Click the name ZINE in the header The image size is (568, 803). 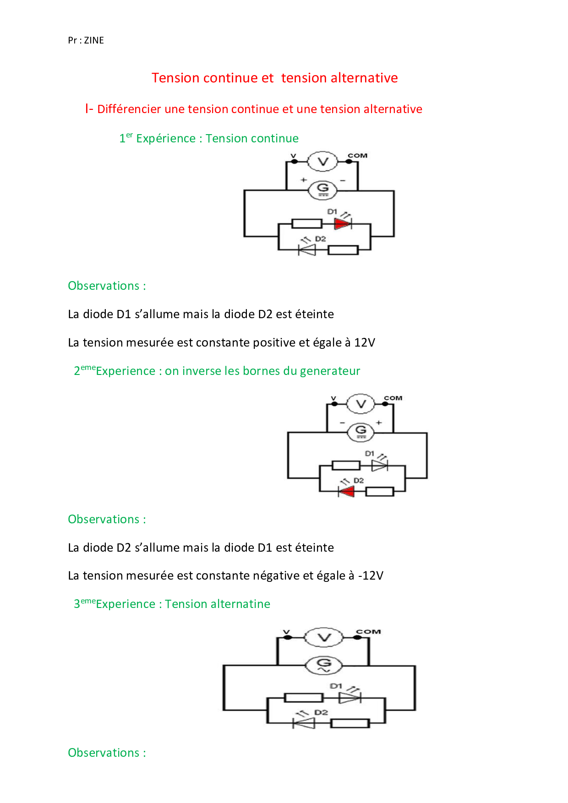click(94, 40)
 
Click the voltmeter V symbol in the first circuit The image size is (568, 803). click(323, 161)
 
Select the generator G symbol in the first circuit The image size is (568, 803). click(323, 190)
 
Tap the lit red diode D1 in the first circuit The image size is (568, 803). click(343, 224)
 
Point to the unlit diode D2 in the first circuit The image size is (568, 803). click(307, 250)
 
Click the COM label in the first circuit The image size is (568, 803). click(357, 156)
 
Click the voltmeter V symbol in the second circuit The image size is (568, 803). click(361, 404)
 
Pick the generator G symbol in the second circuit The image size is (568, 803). click(361, 432)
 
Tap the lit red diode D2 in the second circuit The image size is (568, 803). click(346, 492)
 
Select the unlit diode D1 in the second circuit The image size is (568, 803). click(380, 466)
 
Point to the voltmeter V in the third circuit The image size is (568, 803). click(324, 637)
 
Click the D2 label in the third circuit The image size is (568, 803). click(321, 712)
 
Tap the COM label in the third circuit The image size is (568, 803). click(368, 632)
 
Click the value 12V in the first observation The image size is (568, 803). click(365, 342)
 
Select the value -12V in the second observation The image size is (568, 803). click(371, 575)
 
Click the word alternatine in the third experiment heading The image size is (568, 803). click(240, 604)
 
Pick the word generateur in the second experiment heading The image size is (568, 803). click(330, 371)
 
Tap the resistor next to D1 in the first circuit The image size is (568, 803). click(307, 224)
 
